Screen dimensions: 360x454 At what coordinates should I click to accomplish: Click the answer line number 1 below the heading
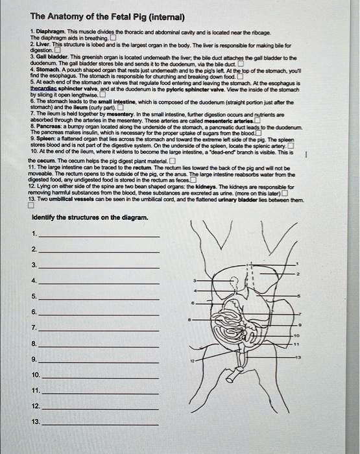click(101, 235)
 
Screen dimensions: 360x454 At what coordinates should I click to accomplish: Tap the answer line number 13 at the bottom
click(101, 423)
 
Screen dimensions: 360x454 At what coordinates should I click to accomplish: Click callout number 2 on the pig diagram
click(298, 275)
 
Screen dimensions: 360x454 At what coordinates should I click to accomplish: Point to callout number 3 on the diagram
click(197, 280)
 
